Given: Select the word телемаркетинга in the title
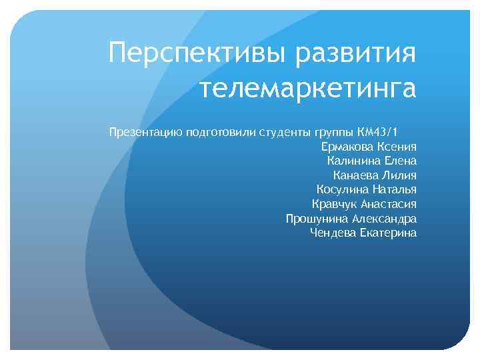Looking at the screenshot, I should (x=307, y=89).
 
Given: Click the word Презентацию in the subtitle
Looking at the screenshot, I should (x=141, y=132).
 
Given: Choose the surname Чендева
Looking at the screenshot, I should (x=332, y=233).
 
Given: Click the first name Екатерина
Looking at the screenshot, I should (x=388, y=233).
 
